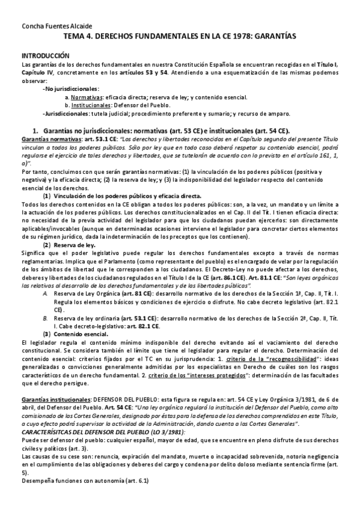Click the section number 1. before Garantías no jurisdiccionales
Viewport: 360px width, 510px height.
pyautogui.click(x=35, y=129)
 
